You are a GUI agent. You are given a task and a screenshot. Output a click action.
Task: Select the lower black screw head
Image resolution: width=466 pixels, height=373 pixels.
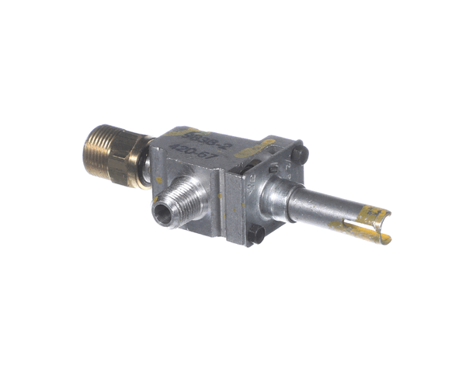pyautogui.click(x=256, y=233)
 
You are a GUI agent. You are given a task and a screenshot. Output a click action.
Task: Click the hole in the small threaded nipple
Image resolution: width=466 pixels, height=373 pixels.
pyautogui.click(x=162, y=215)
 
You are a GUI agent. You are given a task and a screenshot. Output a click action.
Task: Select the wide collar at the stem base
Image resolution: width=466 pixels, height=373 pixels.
pyautogui.click(x=276, y=197)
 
